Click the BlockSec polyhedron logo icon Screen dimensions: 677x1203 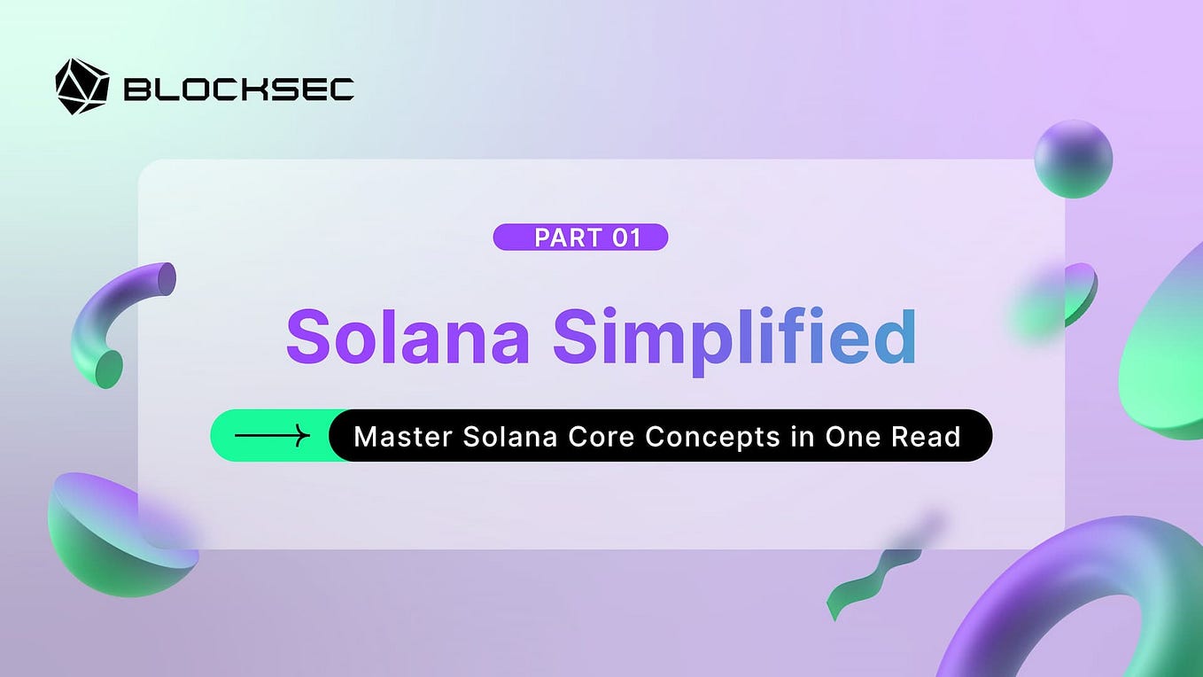(x=81, y=87)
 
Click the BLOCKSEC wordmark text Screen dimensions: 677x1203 (x=239, y=89)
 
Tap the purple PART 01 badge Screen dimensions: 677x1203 (x=580, y=237)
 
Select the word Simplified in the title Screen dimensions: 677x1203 (x=735, y=338)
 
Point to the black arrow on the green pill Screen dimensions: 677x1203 (x=272, y=435)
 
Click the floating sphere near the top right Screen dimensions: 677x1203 (x=1073, y=160)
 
